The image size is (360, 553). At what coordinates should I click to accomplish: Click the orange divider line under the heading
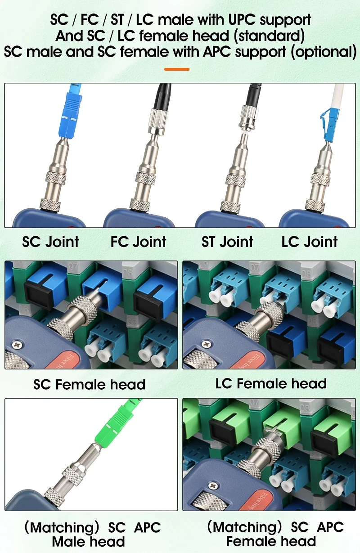pos(177,69)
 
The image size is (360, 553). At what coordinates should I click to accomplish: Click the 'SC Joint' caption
pos(50,242)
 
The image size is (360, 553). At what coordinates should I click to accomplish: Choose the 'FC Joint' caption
pos(138,242)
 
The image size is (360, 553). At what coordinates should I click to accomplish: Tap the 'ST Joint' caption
pos(227,242)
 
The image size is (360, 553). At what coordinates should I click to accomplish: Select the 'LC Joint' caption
pos(310,242)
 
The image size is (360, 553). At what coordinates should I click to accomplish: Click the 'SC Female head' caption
pos(89,384)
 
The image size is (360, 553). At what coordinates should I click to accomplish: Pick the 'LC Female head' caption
pos(271,383)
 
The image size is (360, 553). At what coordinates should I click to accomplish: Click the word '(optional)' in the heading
pos(324,52)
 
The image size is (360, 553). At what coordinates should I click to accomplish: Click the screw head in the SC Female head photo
pos(17,344)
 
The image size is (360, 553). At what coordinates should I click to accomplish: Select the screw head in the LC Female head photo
pos(207,344)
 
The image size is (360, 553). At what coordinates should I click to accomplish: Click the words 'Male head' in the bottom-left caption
pos(88,542)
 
